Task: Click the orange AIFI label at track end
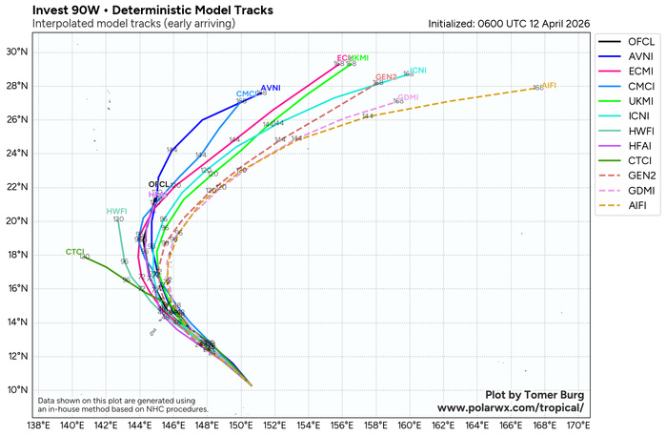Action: [x=549, y=86]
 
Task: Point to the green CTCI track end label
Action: [x=74, y=252]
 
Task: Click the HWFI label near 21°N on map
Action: [x=116, y=211]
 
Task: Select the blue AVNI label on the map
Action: [x=271, y=88]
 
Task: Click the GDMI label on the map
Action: [x=408, y=97]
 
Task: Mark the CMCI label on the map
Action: [x=246, y=93]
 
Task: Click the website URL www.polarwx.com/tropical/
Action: [x=510, y=407]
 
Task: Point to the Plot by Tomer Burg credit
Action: [x=534, y=394]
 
